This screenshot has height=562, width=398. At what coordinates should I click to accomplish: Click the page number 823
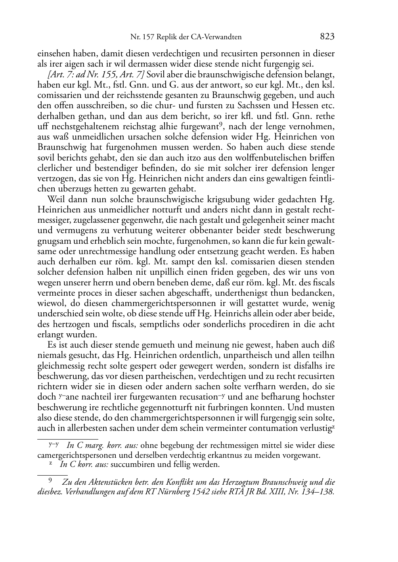pos(327,37)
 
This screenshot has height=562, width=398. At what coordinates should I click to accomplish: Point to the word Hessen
pos(308,106)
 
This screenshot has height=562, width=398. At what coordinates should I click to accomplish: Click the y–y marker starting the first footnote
pos(54,444)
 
